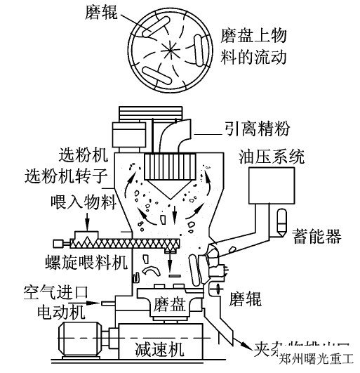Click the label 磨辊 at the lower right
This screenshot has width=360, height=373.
tap(245, 299)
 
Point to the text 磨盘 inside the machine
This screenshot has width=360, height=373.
tap(167, 304)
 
